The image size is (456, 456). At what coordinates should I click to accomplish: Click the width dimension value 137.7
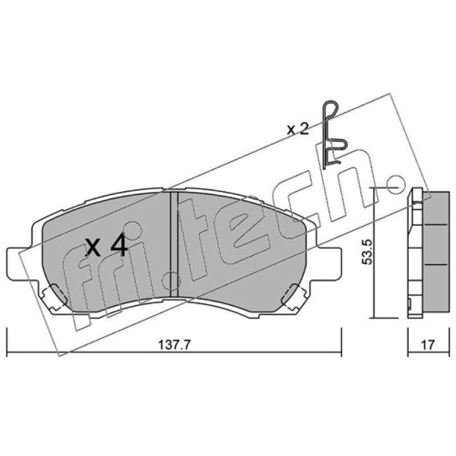174,345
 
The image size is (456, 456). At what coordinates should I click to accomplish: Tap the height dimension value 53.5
367,252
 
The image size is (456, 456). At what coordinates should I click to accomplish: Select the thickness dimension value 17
427,345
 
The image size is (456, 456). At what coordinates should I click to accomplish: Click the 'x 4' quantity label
106,247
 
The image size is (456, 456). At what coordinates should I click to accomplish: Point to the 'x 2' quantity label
298,129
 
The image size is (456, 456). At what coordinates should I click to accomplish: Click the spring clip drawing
334,135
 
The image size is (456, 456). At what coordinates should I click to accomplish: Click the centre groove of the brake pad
173,245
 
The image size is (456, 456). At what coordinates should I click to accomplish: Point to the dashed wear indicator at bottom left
54,296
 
